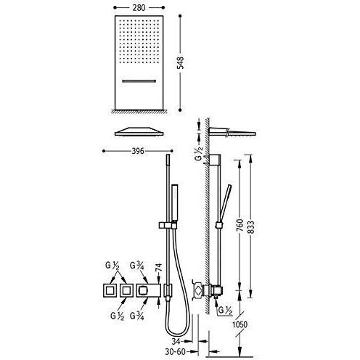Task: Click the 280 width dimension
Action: point(139,8)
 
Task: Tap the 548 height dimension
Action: point(181,62)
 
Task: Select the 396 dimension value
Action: point(138,151)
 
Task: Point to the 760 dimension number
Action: point(240,225)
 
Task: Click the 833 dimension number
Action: point(251,227)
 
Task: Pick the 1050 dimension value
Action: point(240,324)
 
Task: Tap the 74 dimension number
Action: point(158,268)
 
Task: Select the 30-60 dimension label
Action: point(176,352)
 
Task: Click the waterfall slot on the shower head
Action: point(139,81)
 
